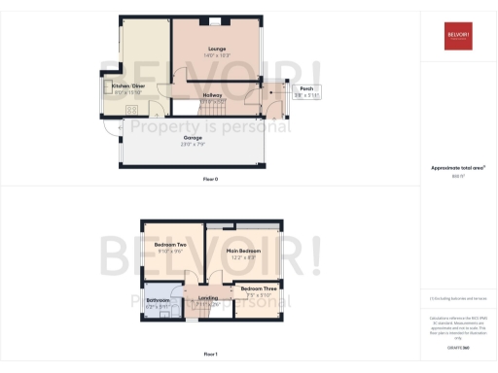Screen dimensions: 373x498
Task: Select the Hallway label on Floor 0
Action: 212,95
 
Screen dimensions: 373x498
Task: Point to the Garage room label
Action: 192,139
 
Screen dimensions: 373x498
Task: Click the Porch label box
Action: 305,89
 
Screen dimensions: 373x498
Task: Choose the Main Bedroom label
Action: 243,251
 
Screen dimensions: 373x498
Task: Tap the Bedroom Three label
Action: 258,288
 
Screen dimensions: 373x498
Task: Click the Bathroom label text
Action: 159,301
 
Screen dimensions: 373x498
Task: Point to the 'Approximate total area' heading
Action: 456,168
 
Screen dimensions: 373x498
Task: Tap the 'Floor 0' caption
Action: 211,180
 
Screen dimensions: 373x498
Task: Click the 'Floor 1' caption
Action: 211,355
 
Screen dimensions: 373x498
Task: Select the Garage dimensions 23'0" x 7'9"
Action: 192,146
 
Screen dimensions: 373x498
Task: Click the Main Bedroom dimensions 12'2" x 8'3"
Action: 243,257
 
